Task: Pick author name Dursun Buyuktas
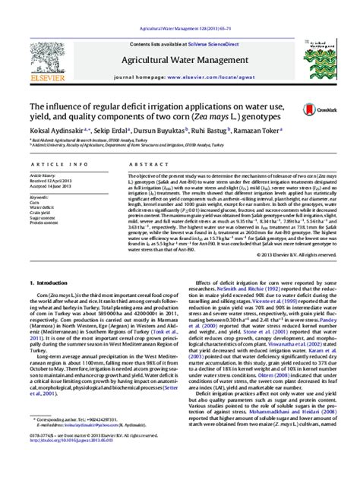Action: tap(179, 130)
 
